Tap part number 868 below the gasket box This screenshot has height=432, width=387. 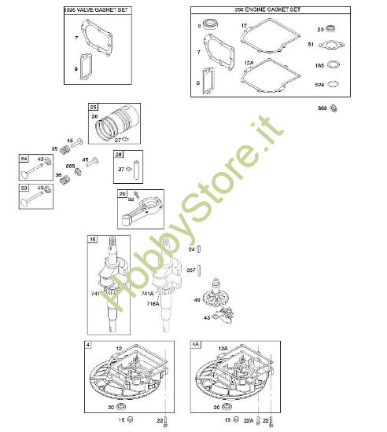pos(322,108)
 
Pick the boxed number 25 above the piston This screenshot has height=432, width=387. pos(93,107)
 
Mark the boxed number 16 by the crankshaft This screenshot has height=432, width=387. pos(93,239)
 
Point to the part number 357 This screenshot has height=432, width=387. pos(190,269)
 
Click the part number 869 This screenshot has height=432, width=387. pos(70,166)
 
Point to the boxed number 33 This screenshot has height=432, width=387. pos(25,189)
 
